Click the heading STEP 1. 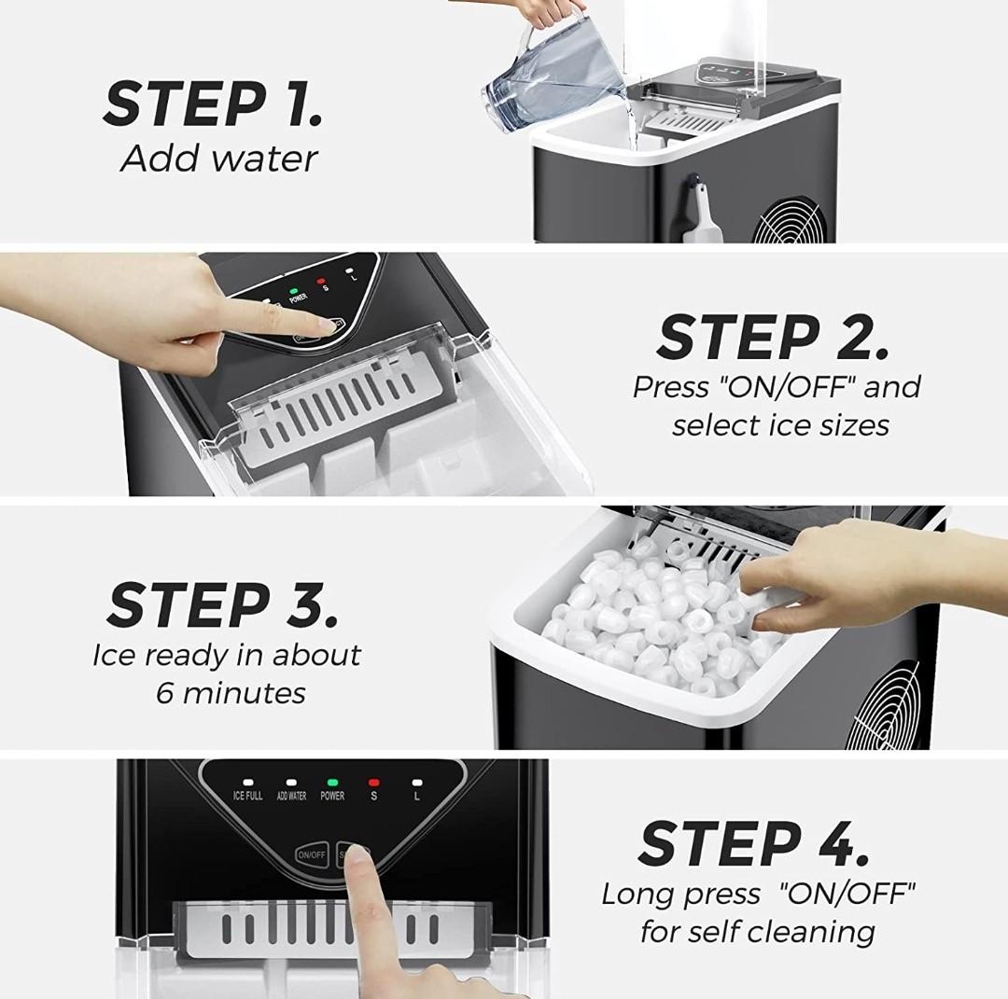(x=213, y=104)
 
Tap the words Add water (x=219, y=159)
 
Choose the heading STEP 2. (x=773, y=338)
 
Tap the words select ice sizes (x=780, y=425)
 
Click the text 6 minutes (x=231, y=693)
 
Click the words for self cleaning (x=757, y=931)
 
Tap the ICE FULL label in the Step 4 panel (x=247, y=797)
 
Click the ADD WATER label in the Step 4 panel (x=291, y=797)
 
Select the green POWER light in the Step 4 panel (x=332, y=783)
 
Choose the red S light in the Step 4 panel (x=374, y=783)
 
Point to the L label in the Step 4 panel (x=416, y=797)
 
